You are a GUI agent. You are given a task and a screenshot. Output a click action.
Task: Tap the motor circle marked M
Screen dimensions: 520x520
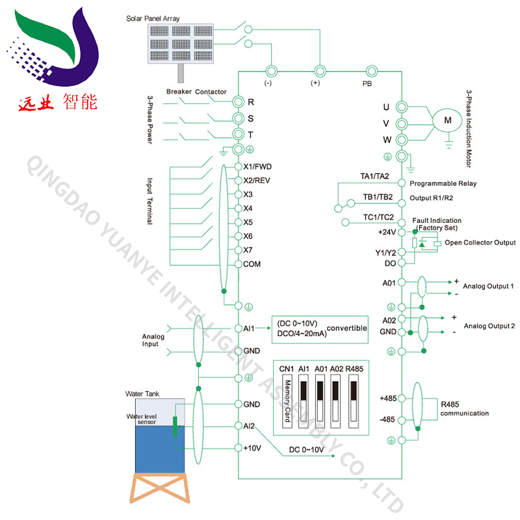[447, 120]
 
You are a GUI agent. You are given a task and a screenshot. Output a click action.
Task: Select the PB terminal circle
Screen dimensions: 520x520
[372, 71]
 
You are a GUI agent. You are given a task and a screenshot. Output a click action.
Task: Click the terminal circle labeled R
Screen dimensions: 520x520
[239, 102]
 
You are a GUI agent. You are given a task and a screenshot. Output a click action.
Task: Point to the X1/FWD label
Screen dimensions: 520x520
[257, 166]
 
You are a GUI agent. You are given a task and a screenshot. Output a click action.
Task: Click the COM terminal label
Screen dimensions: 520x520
[252, 264]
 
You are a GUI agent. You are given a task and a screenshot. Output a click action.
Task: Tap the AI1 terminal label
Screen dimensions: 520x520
[249, 329]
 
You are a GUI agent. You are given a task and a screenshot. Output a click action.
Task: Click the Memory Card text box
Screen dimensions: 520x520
[287, 400]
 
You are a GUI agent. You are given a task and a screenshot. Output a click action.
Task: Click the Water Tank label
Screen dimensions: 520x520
[141, 394]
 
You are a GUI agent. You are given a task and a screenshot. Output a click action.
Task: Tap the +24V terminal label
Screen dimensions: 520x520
[387, 231]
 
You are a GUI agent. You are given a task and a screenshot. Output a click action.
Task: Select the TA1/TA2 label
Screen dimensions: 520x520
[374, 176]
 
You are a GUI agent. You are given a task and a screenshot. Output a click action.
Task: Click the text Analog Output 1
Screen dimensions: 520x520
[488, 286]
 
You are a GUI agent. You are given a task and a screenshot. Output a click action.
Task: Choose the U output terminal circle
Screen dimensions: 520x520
[401, 107]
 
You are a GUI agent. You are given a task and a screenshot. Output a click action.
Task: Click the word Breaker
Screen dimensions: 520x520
[179, 92]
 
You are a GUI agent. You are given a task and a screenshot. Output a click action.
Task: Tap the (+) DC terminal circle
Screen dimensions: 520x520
[319, 71]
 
